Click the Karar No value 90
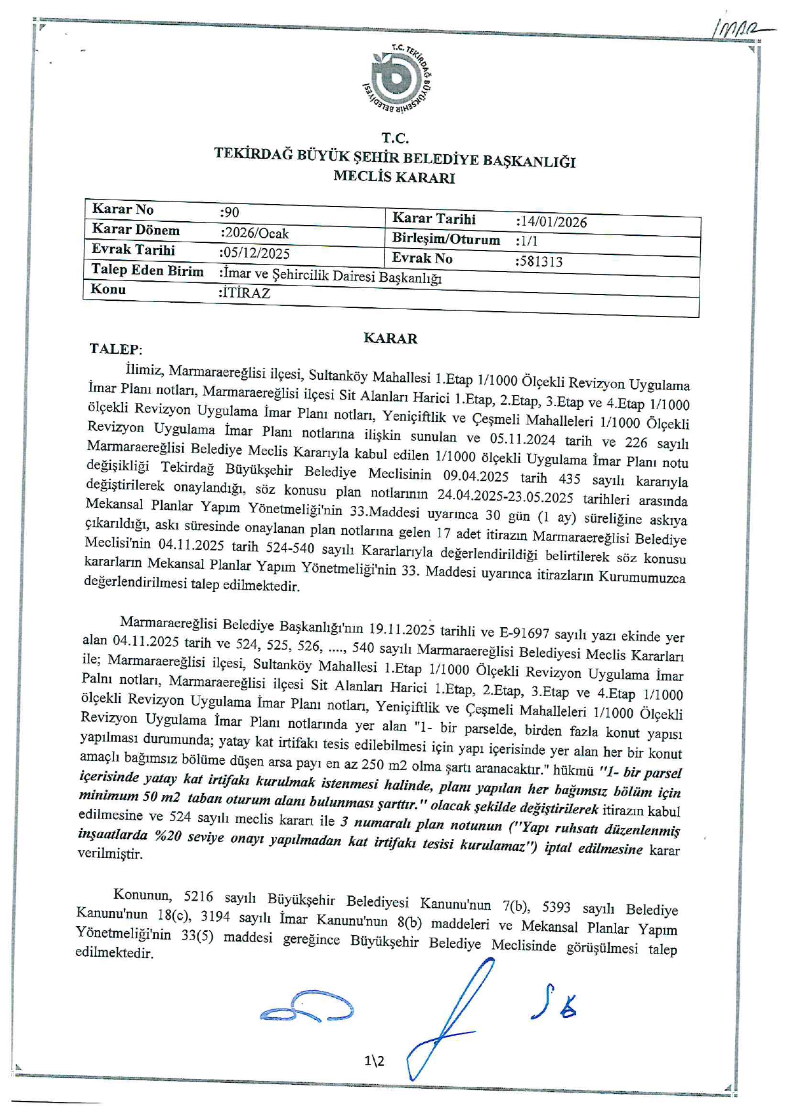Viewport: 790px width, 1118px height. point(229,212)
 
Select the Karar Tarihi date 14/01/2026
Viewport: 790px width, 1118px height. point(552,222)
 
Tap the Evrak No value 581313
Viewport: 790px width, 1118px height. point(541,261)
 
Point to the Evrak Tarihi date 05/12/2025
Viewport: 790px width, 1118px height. point(255,253)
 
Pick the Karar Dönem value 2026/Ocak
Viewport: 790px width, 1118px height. point(255,233)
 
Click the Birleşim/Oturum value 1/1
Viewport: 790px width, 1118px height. point(528,241)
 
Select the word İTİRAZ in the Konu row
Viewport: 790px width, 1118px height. point(245,293)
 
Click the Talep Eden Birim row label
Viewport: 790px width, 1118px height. point(147,270)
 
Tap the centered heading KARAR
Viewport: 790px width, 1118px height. point(390,338)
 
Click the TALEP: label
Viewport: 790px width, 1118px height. point(116,349)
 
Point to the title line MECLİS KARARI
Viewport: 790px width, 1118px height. point(394,177)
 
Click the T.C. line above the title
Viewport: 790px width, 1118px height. point(395,138)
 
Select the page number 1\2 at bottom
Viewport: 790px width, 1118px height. point(375,1061)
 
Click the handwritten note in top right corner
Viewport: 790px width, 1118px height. point(739,29)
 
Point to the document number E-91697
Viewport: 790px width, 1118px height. point(524,633)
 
